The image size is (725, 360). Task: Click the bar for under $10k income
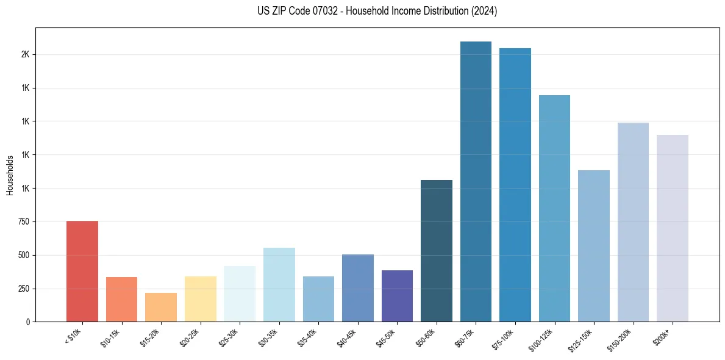tap(82, 271)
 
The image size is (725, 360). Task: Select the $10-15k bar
tap(121, 299)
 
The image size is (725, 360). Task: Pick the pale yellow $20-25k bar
tap(200, 299)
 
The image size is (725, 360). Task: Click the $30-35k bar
tap(279, 284)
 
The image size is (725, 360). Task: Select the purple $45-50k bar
tap(397, 296)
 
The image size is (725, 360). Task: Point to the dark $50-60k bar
tap(437, 251)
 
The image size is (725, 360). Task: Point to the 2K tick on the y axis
tap(25, 54)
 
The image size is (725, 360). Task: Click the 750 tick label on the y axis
tap(23, 222)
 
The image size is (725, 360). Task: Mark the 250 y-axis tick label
tap(23, 289)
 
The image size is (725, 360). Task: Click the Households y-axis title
tap(10, 175)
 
